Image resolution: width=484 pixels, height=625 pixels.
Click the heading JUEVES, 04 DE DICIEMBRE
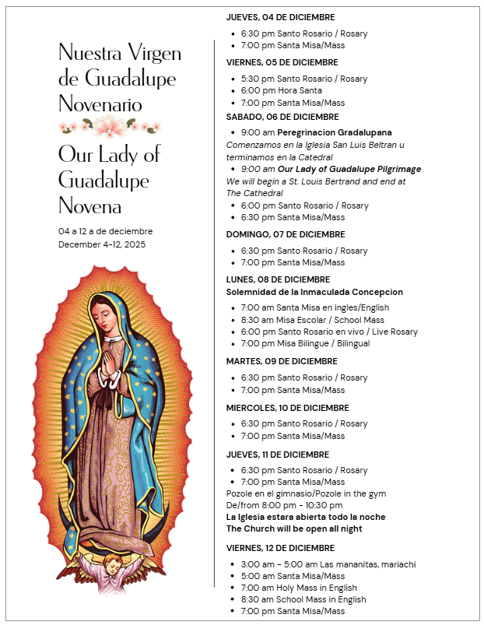click(x=280, y=16)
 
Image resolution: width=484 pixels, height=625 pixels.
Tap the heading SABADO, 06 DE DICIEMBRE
click(x=272, y=116)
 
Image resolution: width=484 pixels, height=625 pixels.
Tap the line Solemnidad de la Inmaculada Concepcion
click(x=314, y=292)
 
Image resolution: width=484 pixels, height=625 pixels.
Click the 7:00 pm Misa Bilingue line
click(x=305, y=343)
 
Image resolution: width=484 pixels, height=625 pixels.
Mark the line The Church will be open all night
click(x=294, y=528)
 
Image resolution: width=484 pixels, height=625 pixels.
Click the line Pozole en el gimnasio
click(x=306, y=493)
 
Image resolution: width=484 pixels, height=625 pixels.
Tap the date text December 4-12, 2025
click(x=102, y=244)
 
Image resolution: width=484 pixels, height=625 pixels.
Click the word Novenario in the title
click(x=100, y=104)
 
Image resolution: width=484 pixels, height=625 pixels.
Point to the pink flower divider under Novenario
click(x=109, y=126)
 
